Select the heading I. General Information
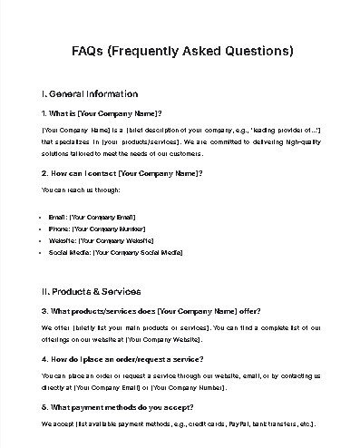click(x=90, y=93)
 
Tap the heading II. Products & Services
click(x=92, y=292)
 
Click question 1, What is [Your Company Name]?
click(x=102, y=113)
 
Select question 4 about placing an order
click(x=122, y=360)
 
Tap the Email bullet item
click(x=92, y=217)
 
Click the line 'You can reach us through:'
click(x=81, y=190)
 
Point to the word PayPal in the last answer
click(x=242, y=424)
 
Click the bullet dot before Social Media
click(x=44, y=252)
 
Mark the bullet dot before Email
click(x=44, y=217)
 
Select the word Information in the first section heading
click(x=113, y=93)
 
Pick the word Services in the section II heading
click(x=122, y=292)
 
